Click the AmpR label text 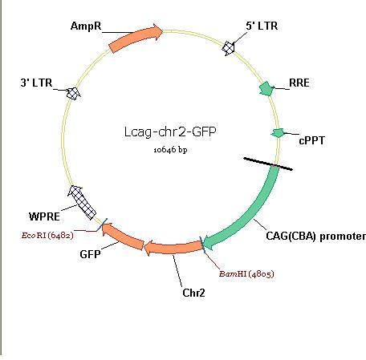pos(86,26)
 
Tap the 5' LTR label pos(262,26)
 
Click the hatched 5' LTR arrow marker pos(229,48)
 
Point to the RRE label pos(299,83)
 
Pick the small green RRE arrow pos(266,89)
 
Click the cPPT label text pos(311,140)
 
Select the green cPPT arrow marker pos(278,133)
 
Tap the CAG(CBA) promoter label pos(315,237)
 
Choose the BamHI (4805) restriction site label pos(246,274)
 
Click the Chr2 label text pos(193,293)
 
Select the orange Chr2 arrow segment pos(173,248)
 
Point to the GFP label pos(90,254)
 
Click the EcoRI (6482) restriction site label pos(47,236)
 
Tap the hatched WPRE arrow pos(82,202)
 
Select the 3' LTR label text pos(36,83)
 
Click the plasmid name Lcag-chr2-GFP pos(170,131)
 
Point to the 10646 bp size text pos(170,150)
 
